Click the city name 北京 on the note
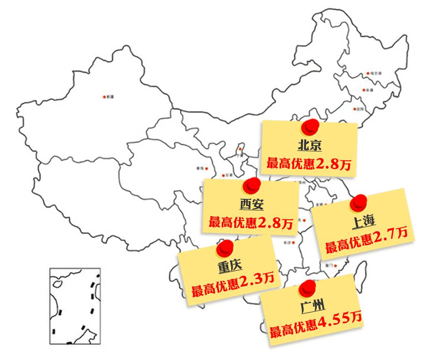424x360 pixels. pyautogui.click(x=309, y=146)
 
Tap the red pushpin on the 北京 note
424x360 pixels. pyautogui.click(x=311, y=127)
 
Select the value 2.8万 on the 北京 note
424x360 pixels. pyautogui.click(x=333, y=164)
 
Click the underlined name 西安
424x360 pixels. pyautogui.click(x=251, y=204)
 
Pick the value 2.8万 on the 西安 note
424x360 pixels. pyautogui.click(x=275, y=223)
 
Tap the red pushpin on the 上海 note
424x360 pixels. pyautogui.click(x=358, y=202)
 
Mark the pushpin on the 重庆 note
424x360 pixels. pyautogui.click(x=225, y=248)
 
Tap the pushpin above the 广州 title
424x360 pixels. pyautogui.click(x=307, y=288)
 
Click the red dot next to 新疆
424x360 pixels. pyautogui.click(x=104, y=97)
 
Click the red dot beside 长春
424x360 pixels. pyautogui.click(x=364, y=90)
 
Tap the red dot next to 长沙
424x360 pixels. pyautogui.click(x=293, y=242)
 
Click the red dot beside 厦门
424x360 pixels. pyautogui.click(x=335, y=266)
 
